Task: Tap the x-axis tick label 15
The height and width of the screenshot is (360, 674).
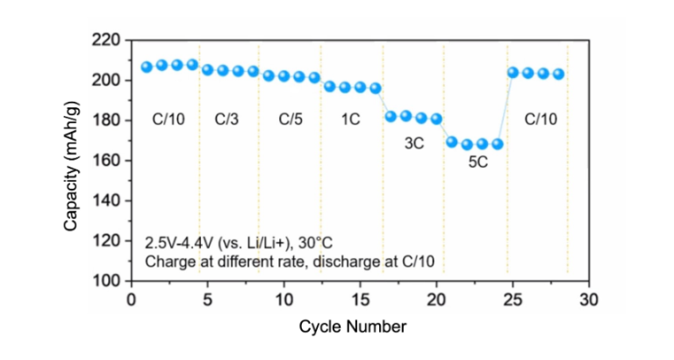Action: [360, 299]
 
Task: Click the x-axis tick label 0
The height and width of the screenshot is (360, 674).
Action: [132, 299]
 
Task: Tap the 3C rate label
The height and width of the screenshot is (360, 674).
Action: [414, 140]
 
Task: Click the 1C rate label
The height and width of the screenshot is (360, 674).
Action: [350, 120]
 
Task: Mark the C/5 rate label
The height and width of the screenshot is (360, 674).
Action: [290, 120]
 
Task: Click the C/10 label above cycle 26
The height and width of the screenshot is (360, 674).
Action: [541, 120]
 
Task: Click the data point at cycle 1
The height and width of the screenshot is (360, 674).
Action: [147, 67]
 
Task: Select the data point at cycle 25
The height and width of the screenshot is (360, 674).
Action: [513, 73]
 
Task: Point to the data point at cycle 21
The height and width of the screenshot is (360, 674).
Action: [452, 141]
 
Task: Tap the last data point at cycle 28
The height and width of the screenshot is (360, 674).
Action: [559, 74]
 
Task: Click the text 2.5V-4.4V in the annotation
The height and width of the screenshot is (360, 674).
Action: [179, 243]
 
